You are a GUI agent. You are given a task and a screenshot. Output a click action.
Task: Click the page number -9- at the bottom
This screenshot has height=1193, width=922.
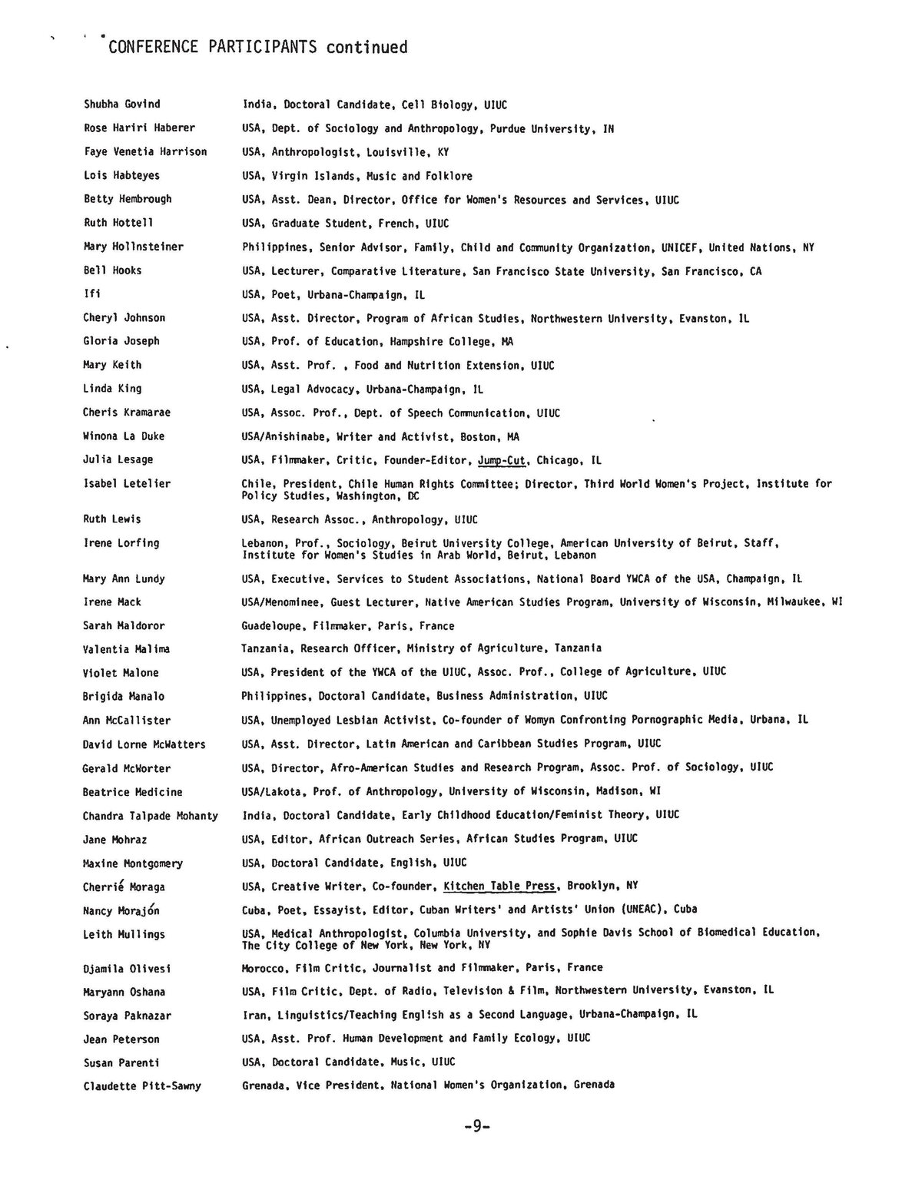click(476, 1127)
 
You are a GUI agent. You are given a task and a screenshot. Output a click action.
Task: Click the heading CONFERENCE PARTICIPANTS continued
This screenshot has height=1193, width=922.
click(258, 48)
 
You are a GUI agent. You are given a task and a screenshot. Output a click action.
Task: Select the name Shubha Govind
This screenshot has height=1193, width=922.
click(122, 104)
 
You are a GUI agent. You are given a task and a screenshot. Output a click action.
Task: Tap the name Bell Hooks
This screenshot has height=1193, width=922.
click(112, 270)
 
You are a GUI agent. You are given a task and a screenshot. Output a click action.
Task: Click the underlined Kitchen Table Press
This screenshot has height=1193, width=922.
click(499, 886)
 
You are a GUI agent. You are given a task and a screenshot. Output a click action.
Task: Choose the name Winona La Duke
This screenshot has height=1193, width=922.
click(124, 436)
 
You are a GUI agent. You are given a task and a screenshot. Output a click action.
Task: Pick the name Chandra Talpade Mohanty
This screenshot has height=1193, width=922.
click(151, 816)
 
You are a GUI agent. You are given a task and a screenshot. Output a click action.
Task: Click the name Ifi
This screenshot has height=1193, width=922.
click(91, 293)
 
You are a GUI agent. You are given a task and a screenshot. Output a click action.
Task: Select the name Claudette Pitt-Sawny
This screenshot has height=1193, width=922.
click(142, 1086)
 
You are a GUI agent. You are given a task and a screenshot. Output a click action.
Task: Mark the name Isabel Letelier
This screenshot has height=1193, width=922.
click(127, 483)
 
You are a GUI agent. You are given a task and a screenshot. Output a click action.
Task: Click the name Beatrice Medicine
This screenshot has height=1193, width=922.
click(133, 792)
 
